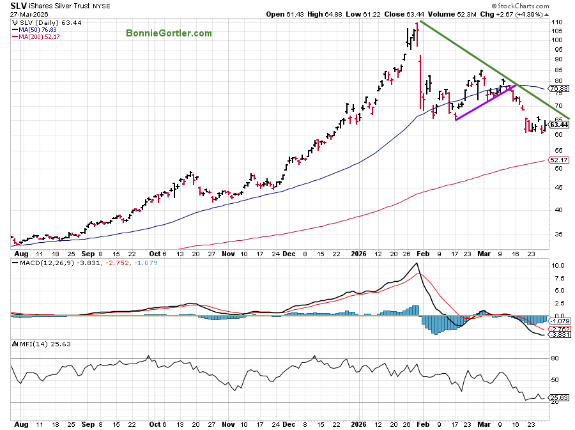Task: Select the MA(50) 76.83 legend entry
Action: (x=38, y=29)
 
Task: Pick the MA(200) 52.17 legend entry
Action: (x=40, y=36)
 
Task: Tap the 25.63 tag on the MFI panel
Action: (x=558, y=397)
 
